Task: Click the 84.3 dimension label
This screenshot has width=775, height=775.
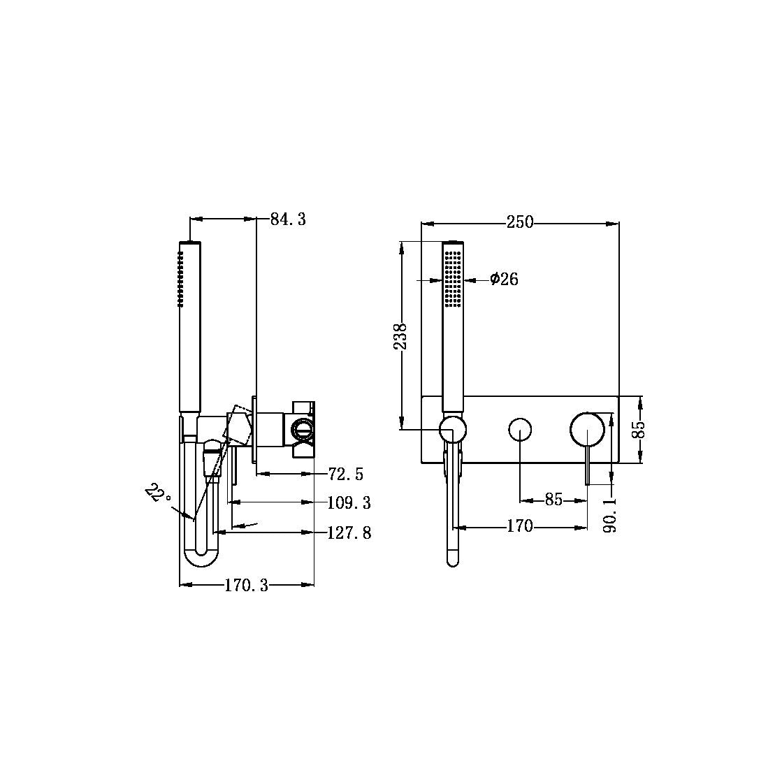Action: click(288, 219)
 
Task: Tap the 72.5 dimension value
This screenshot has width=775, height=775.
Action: click(346, 475)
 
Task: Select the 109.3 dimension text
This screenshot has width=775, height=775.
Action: click(349, 502)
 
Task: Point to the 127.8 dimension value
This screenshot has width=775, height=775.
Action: click(349, 533)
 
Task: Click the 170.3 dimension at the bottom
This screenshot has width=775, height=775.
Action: click(246, 586)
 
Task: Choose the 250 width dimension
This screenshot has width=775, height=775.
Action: click(519, 223)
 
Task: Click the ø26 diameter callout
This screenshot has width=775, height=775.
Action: click(504, 280)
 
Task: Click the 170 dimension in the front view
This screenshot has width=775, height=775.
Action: click(520, 526)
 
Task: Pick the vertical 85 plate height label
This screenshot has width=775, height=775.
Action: click(637, 429)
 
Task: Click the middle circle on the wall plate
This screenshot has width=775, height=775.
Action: click(520, 429)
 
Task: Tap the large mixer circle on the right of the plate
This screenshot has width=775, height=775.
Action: click(587, 428)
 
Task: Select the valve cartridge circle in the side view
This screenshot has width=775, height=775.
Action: click(302, 428)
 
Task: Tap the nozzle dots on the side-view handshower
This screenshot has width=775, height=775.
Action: click(180, 280)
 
